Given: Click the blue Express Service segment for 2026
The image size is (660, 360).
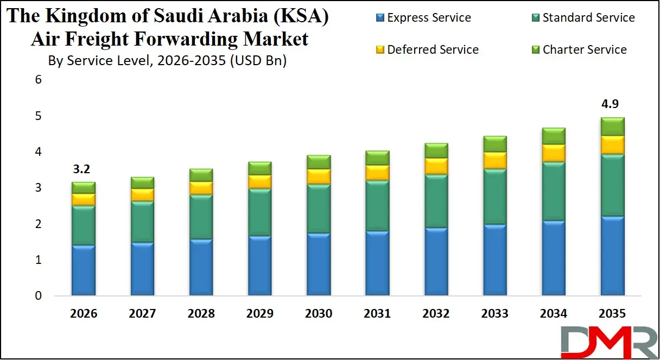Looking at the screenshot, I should click(x=84, y=270).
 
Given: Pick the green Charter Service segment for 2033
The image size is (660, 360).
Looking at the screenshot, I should click(x=494, y=144).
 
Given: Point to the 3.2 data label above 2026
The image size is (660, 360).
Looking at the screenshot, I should click(x=81, y=169).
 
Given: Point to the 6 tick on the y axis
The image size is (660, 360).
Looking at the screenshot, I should click(x=38, y=80).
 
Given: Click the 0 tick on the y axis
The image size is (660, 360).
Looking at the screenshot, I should click(x=38, y=296).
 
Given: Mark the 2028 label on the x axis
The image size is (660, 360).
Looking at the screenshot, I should click(x=201, y=313).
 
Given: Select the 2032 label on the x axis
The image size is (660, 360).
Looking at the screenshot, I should click(x=436, y=313).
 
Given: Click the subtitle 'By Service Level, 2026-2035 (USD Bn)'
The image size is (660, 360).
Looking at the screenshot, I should click(x=167, y=61).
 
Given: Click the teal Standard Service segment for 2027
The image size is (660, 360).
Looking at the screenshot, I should click(x=142, y=222).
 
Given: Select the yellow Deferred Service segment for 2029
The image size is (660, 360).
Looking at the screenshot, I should click(x=259, y=181).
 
